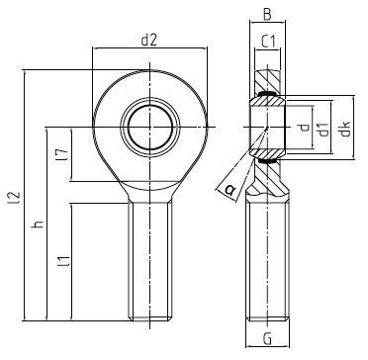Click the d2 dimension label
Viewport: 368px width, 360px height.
tap(148, 41)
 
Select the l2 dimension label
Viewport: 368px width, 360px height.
tap(16, 197)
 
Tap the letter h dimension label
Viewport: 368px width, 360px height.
tap(38, 225)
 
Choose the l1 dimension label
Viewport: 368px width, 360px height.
tap(63, 260)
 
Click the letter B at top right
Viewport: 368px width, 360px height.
tap(267, 15)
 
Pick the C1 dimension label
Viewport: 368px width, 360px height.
tap(268, 42)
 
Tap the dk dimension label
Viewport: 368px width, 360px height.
tap(345, 129)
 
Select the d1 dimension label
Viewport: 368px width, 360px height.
tap(324, 129)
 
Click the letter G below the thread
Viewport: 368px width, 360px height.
tap(268, 338)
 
